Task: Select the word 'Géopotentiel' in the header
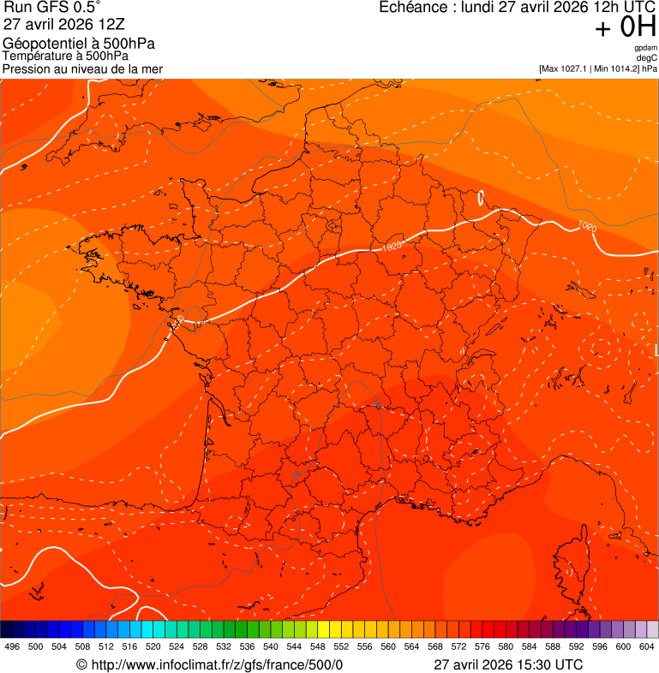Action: [x=39, y=44]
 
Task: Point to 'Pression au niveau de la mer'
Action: [x=82, y=68]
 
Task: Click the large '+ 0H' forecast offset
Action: [x=625, y=27]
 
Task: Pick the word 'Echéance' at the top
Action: [x=416, y=8]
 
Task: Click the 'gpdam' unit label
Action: [x=646, y=48]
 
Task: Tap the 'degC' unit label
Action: [x=647, y=58]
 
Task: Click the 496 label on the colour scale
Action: [x=12, y=647]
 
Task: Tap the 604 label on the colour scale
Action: [x=647, y=647]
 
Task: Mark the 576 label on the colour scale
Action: [x=482, y=647]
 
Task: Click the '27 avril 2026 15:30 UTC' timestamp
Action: [x=508, y=664]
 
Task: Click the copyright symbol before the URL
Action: [x=81, y=665]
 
